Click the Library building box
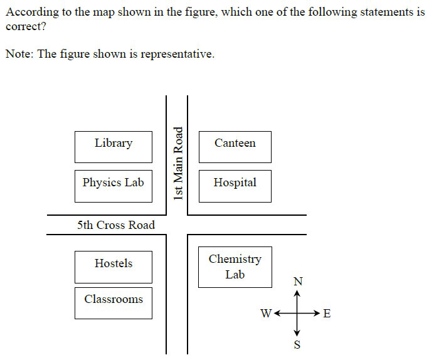click(114, 147)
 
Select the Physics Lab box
click(114, 186)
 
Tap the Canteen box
click(235, 147)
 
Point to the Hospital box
click(235, 186)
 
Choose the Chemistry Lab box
click(235, 267)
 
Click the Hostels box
click(114, 267)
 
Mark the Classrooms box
click(114, 303)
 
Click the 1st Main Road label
click(178, 163)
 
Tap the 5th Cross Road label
click(116, 225)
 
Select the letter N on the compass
click(298, 280)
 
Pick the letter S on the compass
click(297, 345)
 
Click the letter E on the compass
click(326, 314)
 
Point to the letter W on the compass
click(266, 314)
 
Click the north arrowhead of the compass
click(298, 292)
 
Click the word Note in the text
click(19, 54)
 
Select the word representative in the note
click(177, 54)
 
